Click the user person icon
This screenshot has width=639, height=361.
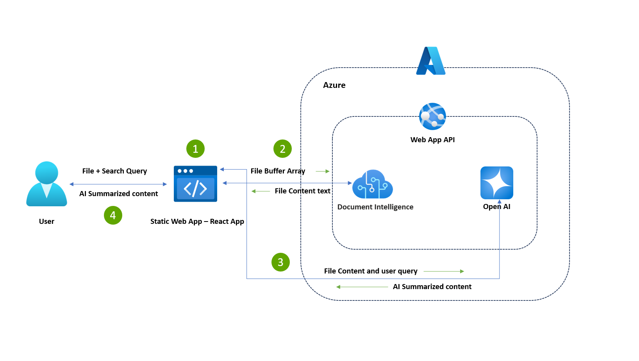(x=46, y=184)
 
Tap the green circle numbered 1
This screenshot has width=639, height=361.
(x=195, y=149)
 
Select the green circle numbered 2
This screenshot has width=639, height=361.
(x=282, y=149)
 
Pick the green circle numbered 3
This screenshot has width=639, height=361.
(x=280, y=262)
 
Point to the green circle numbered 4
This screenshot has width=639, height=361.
(x=113, y=215)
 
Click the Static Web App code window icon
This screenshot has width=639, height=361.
(x=195, y=184)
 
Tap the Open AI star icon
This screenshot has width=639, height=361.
(x=496, y=183)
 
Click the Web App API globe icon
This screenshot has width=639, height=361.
(x=432, y=116)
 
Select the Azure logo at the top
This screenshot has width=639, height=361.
(x=430, y=61)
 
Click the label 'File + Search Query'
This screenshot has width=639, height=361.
(x=114, y=171)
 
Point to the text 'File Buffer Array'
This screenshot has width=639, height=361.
(x=278, y=171)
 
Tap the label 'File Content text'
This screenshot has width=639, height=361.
(x=302, y=191)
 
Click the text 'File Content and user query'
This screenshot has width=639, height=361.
(x=371, y=271)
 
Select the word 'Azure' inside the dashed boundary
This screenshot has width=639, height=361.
(x=334, y=85)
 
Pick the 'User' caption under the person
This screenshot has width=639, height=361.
(x=46, y=222)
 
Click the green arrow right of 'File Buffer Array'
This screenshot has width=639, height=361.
(x=323, y=171)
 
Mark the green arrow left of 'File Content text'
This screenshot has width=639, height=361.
(x=261, y=191)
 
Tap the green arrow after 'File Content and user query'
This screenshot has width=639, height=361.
(x=444, y=271)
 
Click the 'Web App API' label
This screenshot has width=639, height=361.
(x=432, y=140)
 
